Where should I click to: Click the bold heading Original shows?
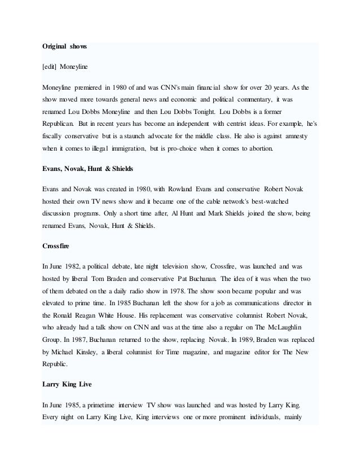pos(64,45)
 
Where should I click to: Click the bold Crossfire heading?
pos(58,245)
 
